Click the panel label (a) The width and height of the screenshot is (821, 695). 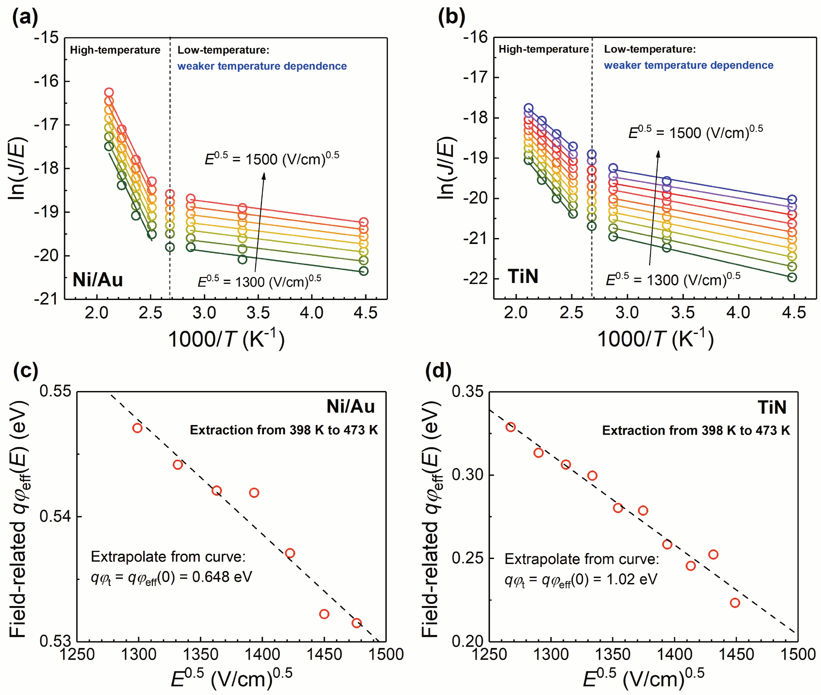pos(25,18)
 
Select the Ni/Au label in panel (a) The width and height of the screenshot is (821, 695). pos(98,280)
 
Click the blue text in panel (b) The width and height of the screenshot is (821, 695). pos(688,65)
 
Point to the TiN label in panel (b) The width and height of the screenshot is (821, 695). pos(523,276)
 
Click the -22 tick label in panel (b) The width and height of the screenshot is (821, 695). pos(476,279)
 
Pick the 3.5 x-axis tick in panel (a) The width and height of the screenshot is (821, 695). pos(258,313)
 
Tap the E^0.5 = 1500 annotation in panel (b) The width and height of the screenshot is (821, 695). pos(695,132)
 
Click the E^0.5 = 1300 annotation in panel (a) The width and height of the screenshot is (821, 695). pos(259,281)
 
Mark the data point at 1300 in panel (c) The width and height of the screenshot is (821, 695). pos(137,428)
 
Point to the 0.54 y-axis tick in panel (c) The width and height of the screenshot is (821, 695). pos(55,516)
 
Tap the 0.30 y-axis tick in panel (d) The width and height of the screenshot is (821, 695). pos(467,475)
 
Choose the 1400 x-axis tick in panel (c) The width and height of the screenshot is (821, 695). pos(262,654)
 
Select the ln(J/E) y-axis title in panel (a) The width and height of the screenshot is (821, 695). pos(17,169)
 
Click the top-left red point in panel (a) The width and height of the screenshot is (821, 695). pos(109,93)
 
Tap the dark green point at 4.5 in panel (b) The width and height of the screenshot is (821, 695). pos(792,277)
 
